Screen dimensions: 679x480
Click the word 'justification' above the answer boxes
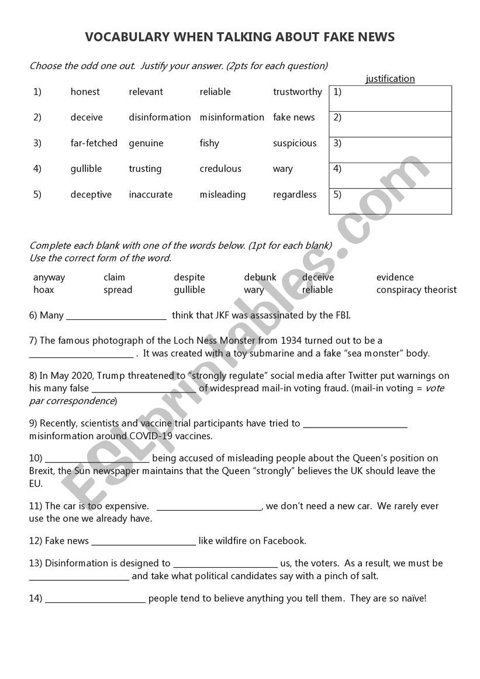[x=390, y=79]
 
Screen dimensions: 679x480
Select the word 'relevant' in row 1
[x=146, y=92]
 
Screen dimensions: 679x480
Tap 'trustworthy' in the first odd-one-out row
[x=297, y=92]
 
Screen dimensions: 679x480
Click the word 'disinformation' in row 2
[x=160, y=118]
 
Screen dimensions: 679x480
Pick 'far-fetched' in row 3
[x=94, y=143]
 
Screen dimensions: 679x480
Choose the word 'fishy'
[x=209, y=143]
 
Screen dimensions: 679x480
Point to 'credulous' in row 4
[x=220, y=169]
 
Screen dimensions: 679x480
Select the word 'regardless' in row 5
[x=295, y=195]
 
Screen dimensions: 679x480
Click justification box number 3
[x=391, y=150]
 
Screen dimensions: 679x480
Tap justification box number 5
[x=391, y=201]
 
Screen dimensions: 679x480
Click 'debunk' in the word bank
[x=260, y=277]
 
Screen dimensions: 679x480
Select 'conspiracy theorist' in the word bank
[x=416, y=290]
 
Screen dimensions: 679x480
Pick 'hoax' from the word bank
[x=43, y=290]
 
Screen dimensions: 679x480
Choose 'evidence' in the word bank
[x=395, y=277]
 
